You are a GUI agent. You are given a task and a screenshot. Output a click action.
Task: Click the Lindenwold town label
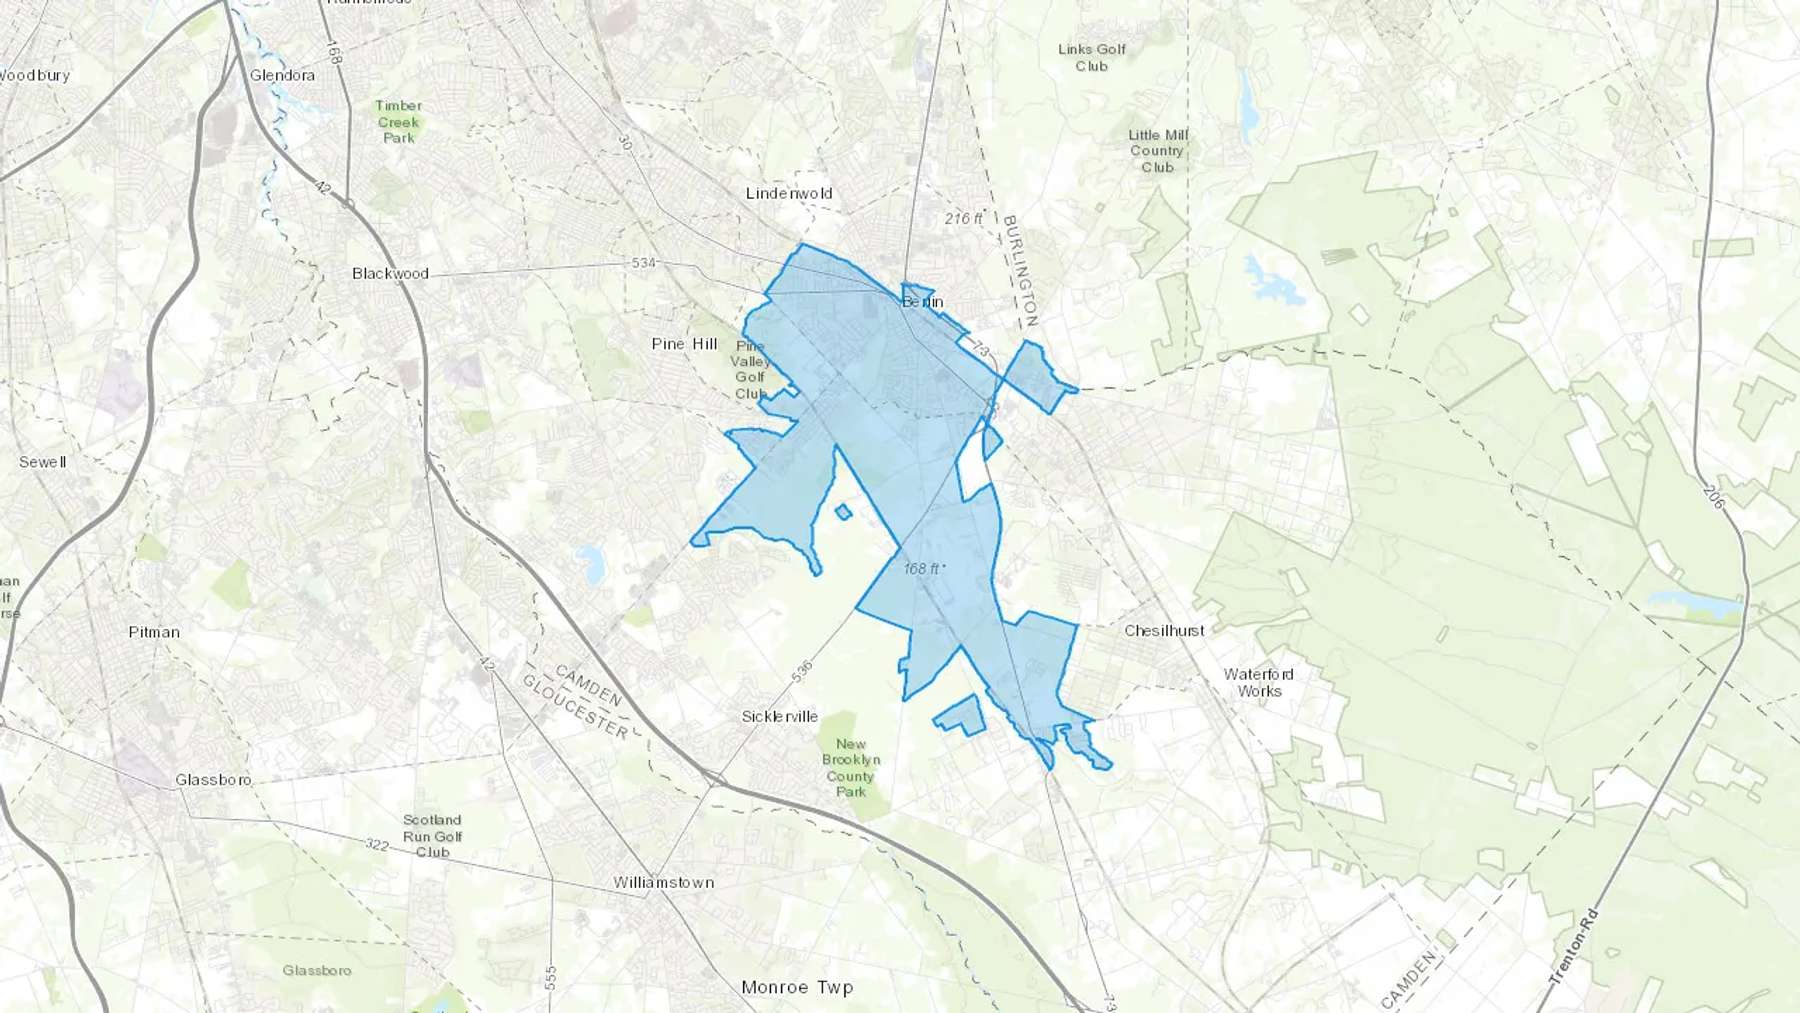click(x=789, y=193)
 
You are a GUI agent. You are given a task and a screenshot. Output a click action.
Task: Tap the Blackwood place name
click(x=390, y=273)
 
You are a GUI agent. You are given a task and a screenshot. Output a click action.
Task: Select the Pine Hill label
click(x=684, y=344)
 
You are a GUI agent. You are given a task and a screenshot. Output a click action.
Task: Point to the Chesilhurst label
click(x=1164, y=631)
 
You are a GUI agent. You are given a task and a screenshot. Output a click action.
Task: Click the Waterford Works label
click(x=1259, y=682)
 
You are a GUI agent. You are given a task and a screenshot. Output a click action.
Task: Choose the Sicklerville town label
click(x=780, y=717)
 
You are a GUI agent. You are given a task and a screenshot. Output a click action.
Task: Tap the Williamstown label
click(x=664, y=883)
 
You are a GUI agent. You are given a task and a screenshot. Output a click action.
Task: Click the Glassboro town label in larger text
click(x=213, y=780)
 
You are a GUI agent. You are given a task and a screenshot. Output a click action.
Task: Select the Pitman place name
click(x=154, y=632)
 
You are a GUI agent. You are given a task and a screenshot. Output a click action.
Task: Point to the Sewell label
click(x=43, y=462)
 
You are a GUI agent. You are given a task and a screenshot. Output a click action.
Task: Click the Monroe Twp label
click(x=797, y=988)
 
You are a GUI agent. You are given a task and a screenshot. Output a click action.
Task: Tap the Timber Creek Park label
click(x=399, y=122)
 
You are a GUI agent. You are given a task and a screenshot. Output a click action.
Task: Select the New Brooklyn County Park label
click(x=851, y=768)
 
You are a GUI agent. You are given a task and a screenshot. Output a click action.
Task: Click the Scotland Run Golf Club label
click(x=433, y=836)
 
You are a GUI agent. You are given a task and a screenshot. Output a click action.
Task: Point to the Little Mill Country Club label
click(x=1157, y=151)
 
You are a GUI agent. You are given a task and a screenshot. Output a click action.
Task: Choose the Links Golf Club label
click(x=1092, y=57)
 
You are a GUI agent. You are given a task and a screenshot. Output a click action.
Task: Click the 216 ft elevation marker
click(x=964, y=218)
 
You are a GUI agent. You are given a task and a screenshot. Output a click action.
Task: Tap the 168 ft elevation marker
click(x=923, y=569)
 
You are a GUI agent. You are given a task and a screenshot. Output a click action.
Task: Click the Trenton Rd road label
click(x=1573, y=946)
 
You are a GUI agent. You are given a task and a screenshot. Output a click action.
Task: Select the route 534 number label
click(x=644, y=263)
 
